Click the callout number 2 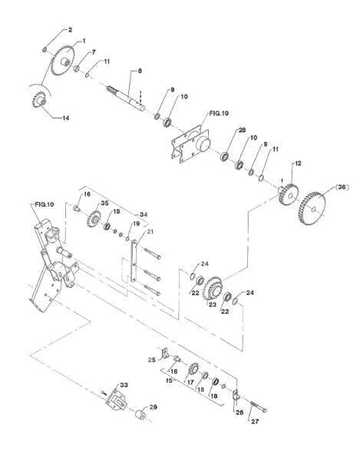click(70, 30)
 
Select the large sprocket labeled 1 click(63, 61)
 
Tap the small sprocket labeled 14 click(38, 100)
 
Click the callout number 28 click(242, 130)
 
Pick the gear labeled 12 click(289, 194)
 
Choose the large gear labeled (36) click(312, 209)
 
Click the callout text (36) click(342, 187)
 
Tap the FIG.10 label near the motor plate click(219, 113)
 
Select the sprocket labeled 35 click(94, 219)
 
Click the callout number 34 click(144, 214)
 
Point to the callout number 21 click(150, 232)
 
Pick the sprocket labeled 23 click(213, 288)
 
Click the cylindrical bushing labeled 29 click(140, 413)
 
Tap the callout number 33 click(124, 385)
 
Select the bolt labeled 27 click(259, 406)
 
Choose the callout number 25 click(151, 360)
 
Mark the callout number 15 click(169, 380)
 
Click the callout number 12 click(298, 163)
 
